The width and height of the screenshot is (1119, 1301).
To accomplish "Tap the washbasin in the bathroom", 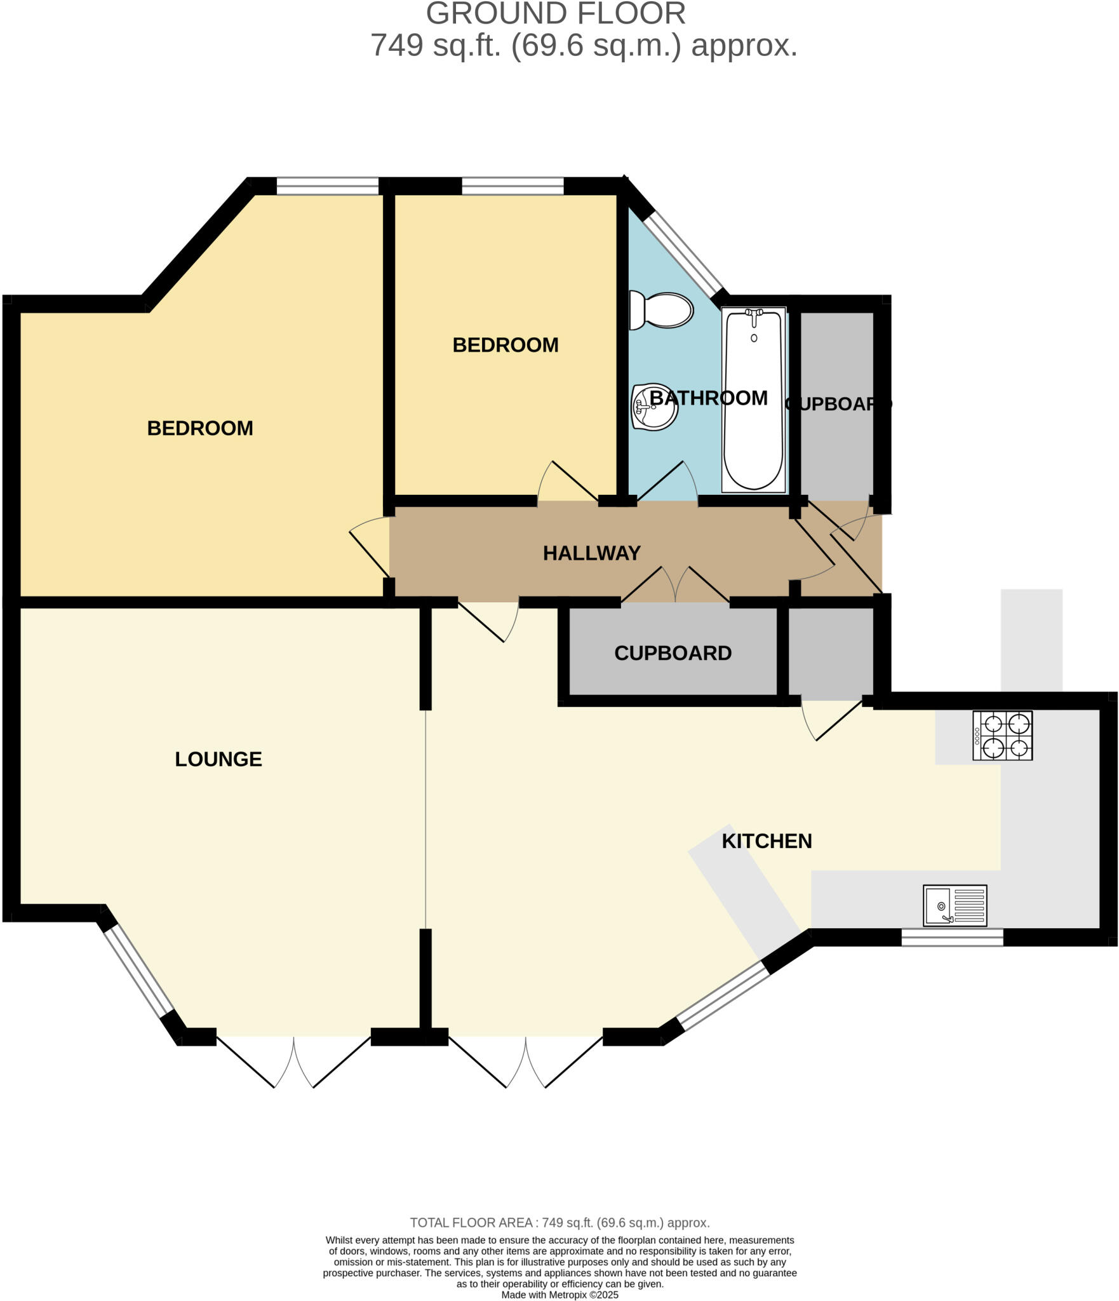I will [x=654, y=407].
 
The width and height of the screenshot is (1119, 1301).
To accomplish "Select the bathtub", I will [x=754, y=400].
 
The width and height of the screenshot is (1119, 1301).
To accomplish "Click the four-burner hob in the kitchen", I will [x=1002, y=736].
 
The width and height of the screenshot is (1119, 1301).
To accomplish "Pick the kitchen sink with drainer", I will [x=955, y=905].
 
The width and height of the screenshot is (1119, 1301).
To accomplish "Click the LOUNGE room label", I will [x=218, y=759].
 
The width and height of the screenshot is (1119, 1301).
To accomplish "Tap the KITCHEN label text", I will [x=767, y=841].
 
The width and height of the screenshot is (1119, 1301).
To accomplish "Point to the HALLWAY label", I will [x=591, y=553].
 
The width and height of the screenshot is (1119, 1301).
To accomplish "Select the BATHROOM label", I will [x=708, y=398].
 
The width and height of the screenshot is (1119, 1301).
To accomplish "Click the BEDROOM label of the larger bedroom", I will [x=200, y=428].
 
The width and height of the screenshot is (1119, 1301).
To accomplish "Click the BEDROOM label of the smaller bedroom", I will [x=505, y=345].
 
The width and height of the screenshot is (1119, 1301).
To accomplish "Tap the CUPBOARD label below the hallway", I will [x=673, y=653].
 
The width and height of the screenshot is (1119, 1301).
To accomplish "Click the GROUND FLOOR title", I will [x=556, y=14].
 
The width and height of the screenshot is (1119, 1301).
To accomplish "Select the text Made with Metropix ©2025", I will [x=559, y=1295].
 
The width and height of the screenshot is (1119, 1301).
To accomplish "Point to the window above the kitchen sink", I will [x=952, y=938].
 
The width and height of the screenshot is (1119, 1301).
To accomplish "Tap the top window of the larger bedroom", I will [x=328, y=186].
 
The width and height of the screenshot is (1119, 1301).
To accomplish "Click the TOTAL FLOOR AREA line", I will [x=559, y=1222].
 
